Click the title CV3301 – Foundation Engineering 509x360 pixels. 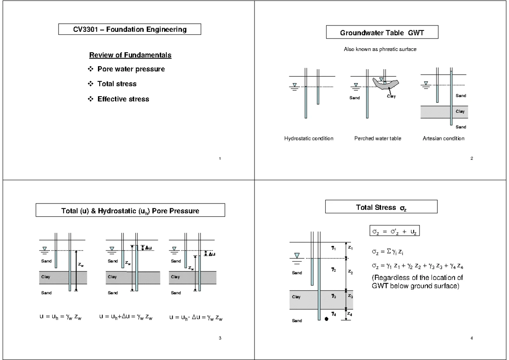[129, 30]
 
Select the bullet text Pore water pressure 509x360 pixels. [131, 69]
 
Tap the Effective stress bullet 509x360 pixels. [123, 99]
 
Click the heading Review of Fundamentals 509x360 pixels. [130, 56]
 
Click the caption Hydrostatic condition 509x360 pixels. [308, 139]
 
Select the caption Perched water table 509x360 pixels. [378, 139]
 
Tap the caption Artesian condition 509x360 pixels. [443, 139]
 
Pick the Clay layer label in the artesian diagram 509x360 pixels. [460, 112]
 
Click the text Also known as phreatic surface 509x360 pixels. [380, 50]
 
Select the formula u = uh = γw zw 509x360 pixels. [58, 317]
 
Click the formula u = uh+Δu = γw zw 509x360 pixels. [125, 317]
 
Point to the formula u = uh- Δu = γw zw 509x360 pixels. [196, 317]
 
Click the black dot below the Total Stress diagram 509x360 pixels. [326, 319]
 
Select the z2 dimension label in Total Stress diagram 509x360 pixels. [350, 272]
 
